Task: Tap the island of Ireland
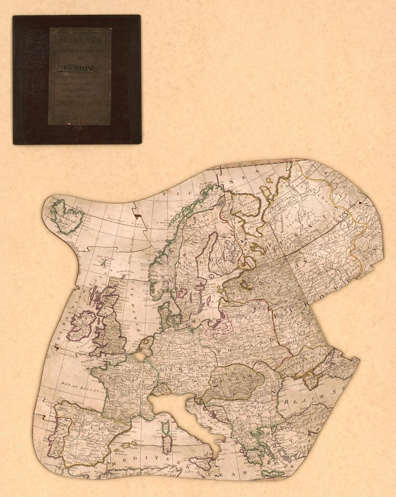pos(82,325)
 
